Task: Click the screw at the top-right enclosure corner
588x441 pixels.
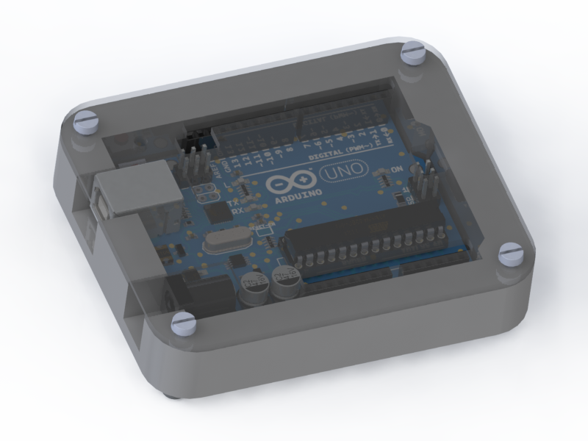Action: coord(414,55)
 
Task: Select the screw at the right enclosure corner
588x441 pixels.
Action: coord(510,254)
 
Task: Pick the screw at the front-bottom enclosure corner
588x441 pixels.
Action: coord(183,323)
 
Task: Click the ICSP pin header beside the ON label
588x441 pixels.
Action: coord(425,184)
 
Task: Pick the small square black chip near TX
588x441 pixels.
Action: coord(218,213)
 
